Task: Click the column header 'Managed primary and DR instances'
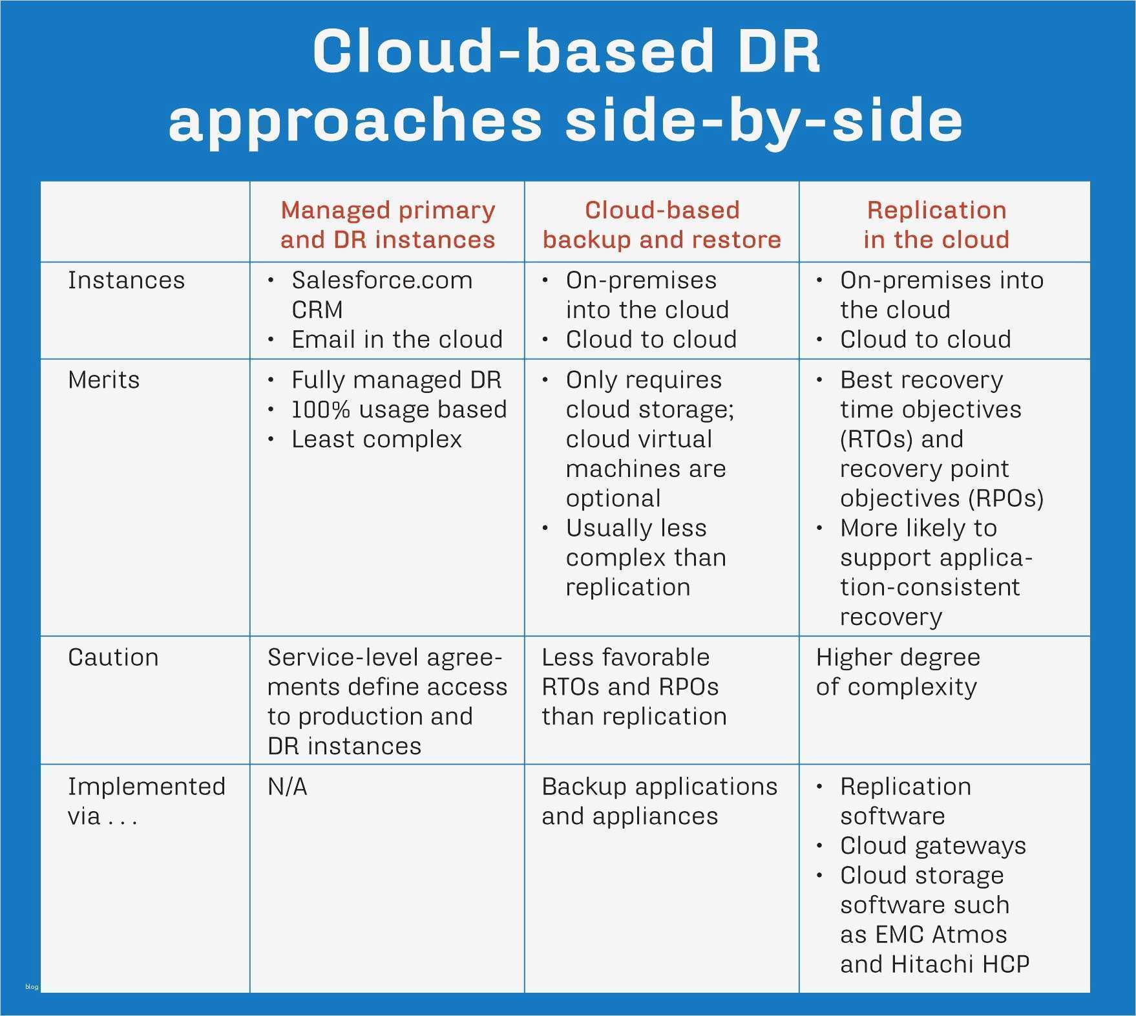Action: pos(388,224)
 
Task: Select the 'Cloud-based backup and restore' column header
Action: pos(662,224)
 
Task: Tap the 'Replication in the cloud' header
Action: pos(936,224)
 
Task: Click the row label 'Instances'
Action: pos(127,280)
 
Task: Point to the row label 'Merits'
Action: pos(104,380)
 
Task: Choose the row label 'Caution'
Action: pos(113,657)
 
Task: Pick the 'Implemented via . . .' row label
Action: pos(146,801)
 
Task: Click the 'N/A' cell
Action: pos(288,787)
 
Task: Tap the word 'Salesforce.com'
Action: pos(382,280)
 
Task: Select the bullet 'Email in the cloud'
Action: pos(397,339)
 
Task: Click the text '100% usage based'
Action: pos(399,410)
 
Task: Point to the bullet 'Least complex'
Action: pos(377,439)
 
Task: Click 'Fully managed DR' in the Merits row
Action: pos(396,380)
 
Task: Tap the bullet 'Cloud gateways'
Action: pos(933,846)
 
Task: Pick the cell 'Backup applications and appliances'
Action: pos(659,801)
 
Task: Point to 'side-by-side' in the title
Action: pos(764,121)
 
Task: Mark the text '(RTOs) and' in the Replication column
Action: pos(901,439)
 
